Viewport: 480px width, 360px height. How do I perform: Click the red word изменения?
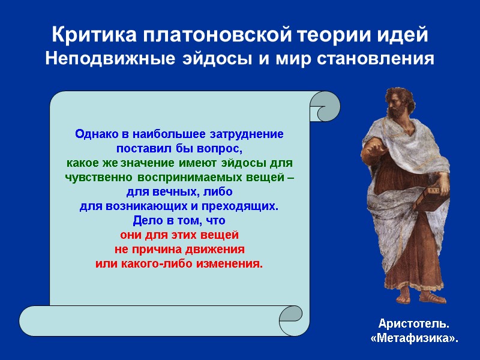point(229,264)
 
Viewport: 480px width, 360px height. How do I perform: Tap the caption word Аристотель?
point(413,325)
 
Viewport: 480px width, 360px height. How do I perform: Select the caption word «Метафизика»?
point(413,339)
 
